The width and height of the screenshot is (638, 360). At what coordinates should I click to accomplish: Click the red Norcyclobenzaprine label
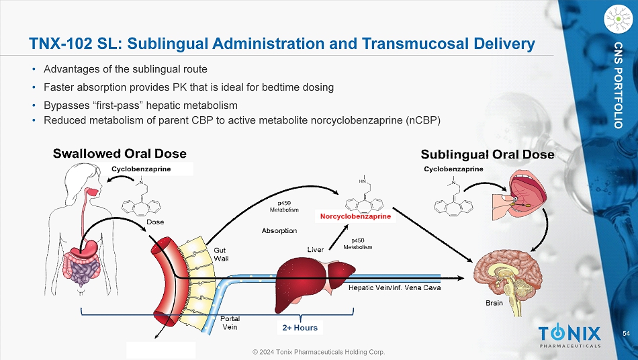355,217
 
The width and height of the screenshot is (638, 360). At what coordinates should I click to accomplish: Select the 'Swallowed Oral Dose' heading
120,154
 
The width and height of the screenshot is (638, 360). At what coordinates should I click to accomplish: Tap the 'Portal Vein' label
230,323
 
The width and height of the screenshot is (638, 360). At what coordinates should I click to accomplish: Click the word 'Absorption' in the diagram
279,230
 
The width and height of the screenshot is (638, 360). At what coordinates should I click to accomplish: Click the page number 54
626,334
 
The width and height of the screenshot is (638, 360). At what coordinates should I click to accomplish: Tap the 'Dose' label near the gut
154,221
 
